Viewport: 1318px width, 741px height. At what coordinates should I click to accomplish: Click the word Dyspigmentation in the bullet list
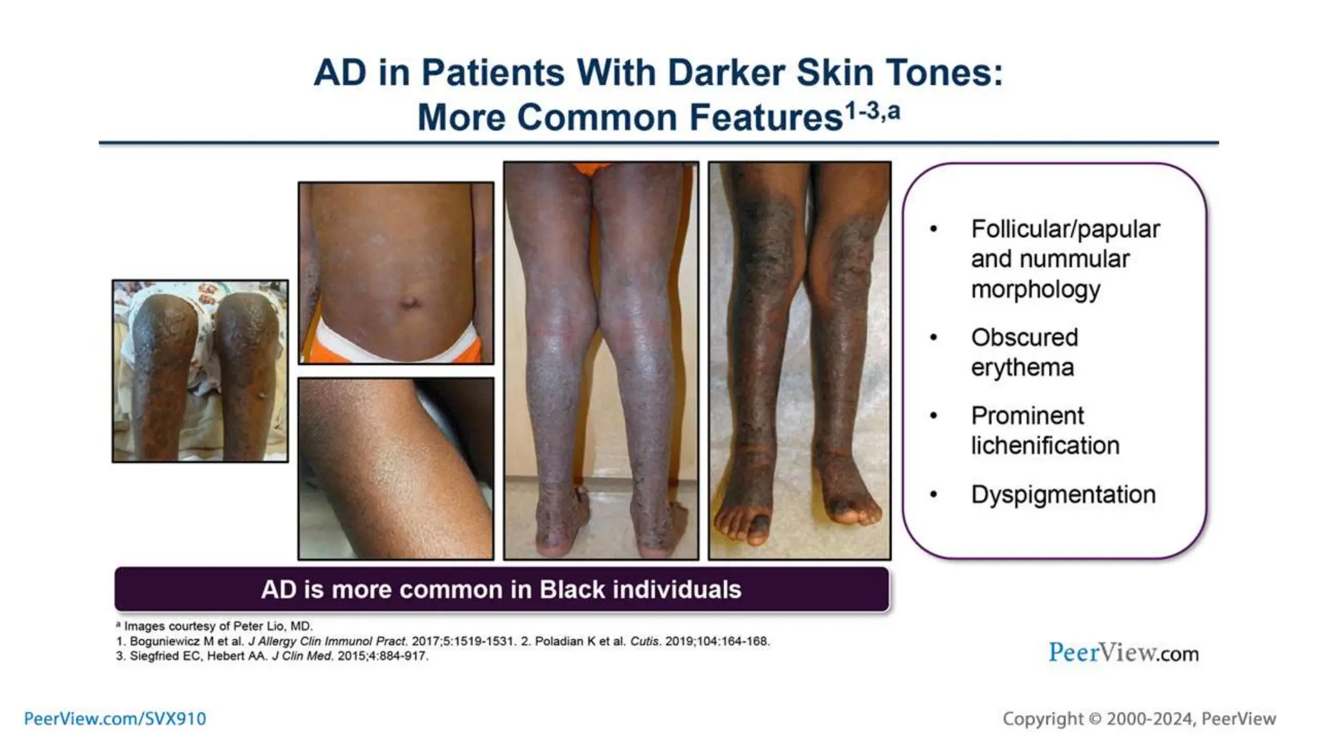(x=1063, y=495)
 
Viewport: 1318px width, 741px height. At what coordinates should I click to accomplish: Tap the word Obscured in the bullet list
(x=1024, y=337)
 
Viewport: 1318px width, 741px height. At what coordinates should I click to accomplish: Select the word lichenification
(x=1045, y=445)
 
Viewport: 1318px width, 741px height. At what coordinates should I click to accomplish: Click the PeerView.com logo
(x=1123, y=653)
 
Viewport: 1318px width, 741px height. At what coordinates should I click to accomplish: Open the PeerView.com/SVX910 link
(x=115, y=718)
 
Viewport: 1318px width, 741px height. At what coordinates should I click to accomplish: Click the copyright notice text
(x=1138, y=718)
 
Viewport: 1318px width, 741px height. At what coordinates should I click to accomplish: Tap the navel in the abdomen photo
(x=409, y=302)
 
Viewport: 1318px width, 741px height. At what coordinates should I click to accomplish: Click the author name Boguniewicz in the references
(x=165, y=641)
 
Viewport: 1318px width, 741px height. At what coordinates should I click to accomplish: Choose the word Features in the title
(x=765, y=118)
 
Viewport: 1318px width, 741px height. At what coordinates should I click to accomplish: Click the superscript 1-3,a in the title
(x=872, y=111)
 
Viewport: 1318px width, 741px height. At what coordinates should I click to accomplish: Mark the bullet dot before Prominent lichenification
(x=934, y=416)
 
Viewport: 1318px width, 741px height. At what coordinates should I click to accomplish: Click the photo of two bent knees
(x=200, y=371)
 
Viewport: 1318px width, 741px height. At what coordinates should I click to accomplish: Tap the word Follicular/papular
(x=1065, y=229)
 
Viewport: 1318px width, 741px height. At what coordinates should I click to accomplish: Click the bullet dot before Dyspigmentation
(x=934, y=495)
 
